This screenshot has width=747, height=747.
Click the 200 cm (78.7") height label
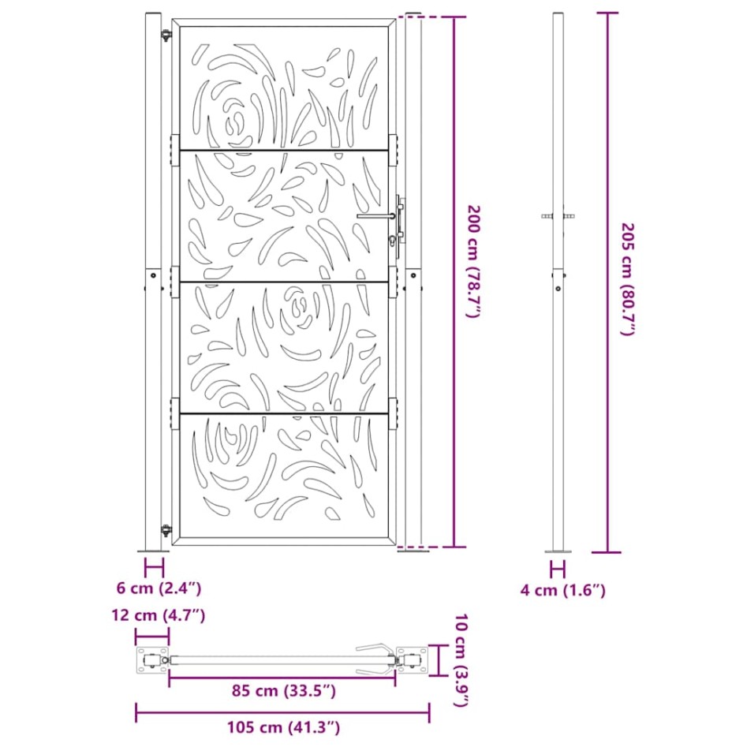[472, 261]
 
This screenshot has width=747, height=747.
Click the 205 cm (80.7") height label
[627, 279]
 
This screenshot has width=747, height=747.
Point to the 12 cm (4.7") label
[159, 615]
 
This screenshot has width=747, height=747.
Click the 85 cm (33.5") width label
[282, 692]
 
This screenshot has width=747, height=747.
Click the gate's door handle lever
[376, 215]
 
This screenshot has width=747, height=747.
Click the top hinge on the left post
[166, 36]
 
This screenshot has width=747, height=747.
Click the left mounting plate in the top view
[151, 659]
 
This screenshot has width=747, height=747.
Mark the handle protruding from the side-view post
[558, 215]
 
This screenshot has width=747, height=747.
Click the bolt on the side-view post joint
[558, 289]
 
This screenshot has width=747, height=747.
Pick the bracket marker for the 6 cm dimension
[154, 567]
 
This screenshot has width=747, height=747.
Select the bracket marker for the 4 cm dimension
[558, 568]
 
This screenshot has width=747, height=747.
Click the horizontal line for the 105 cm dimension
[283, 715]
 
